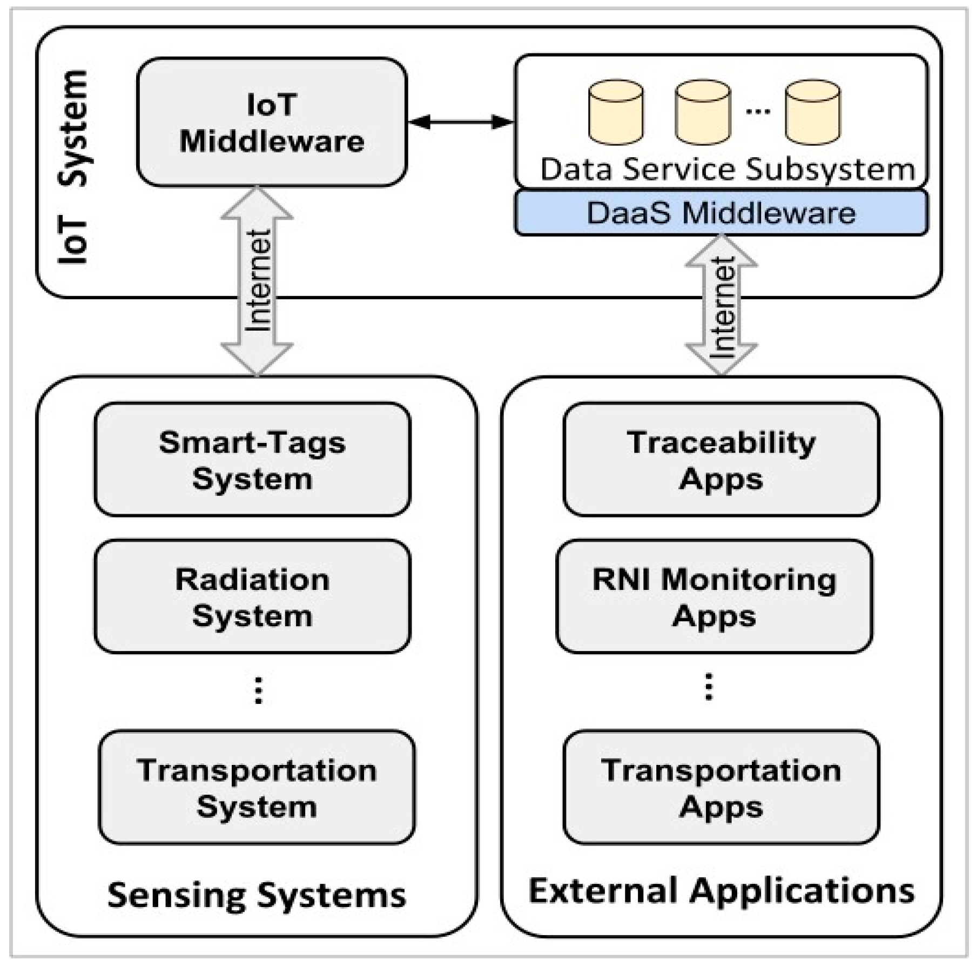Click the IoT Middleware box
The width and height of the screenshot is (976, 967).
click(x=271, y=123)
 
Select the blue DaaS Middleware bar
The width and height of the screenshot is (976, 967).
click(x=721, y=212)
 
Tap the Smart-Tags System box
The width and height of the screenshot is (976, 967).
click(x=252, y=460)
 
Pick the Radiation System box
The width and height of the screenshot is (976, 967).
click(x=252, y=596)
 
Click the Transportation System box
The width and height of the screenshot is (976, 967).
click(x=257, y=787)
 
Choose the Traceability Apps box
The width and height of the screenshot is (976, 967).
click(x=721, y=460)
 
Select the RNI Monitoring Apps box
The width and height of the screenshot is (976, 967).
click(x=714, y=596)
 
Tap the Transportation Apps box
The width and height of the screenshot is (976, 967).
click(x=721, y=787)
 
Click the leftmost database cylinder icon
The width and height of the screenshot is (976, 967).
click(x=615, y=112)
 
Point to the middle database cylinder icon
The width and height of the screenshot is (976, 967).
click(x=702, y=112)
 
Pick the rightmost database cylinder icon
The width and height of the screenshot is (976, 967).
click(x=812, y=112)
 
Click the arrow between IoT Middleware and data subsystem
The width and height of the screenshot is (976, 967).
click(x=460, y=122)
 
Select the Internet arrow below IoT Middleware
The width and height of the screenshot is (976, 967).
click(x=257, y=281)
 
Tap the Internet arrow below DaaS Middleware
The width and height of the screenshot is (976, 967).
click(x=721, y=305)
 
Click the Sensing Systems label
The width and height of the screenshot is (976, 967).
click(x=257, y=895)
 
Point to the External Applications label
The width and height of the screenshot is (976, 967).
click(x=721, y=891)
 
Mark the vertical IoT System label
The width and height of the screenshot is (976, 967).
click(x=73, y=167)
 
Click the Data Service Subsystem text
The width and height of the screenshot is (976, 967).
click(x=727, y=170)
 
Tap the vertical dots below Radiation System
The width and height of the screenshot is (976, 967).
click(x=258, y=690)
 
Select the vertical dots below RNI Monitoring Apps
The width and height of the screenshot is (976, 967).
click(x=709, y=687)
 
